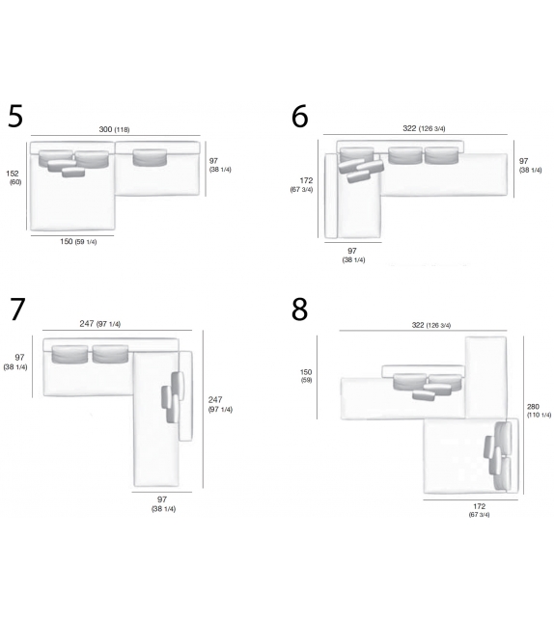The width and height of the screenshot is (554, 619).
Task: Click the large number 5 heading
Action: tap(15, 116)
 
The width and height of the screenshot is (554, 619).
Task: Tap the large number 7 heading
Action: tap(17, 309)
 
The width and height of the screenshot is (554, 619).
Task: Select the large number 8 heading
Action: tap(299, 309)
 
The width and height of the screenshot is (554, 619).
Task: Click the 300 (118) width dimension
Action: tap(114, 129)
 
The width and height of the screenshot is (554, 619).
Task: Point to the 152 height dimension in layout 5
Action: tap(14, 177)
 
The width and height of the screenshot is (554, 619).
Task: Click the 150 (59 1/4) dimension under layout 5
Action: tap(78, 241)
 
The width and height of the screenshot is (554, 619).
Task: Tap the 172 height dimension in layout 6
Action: tap(301, 184)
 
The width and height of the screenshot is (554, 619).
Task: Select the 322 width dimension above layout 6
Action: tap(424, 128)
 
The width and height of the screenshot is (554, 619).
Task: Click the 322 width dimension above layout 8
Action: tap(431, 325)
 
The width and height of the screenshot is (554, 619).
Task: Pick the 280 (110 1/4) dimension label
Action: tap(539, 410)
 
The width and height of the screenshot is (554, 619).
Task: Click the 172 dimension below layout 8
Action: tap(480, 510)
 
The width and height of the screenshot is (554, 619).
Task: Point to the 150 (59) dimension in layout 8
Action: tap(306, 375)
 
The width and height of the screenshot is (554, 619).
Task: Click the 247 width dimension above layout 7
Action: tap(100, 324)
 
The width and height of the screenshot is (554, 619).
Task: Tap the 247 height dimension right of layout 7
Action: tap(220, 404)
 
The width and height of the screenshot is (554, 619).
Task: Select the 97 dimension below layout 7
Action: tap(163, 503)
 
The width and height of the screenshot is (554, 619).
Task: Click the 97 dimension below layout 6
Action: tap(353, 255)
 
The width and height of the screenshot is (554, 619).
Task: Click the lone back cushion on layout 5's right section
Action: tap(151, 157)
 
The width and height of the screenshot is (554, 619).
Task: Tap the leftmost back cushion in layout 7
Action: tap(69, 354)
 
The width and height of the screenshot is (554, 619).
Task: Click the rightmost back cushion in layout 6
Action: tap(442, 155)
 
